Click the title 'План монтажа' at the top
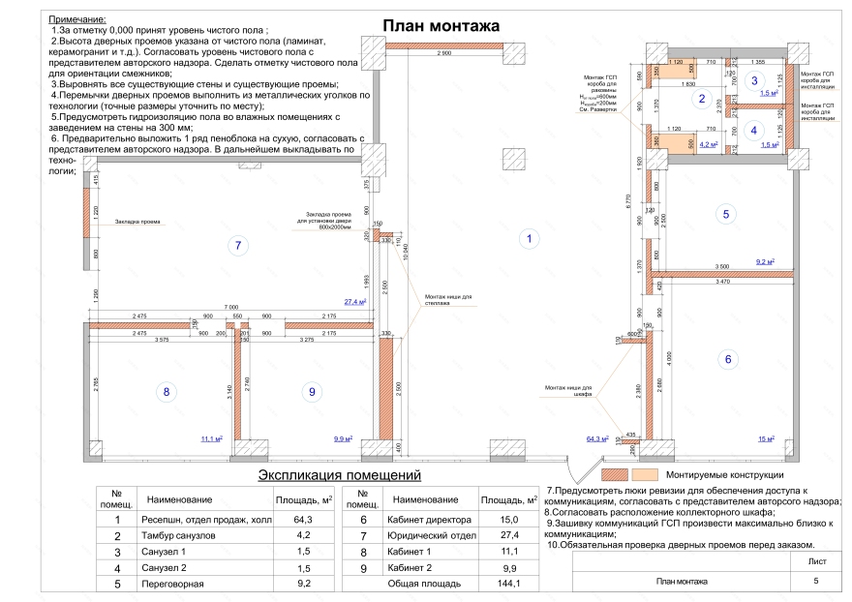[441, 25]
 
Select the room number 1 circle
[529, 237]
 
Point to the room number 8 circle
[167, 392]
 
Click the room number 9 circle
[311, 392]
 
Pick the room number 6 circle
[729, 360]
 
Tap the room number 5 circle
[725, 215]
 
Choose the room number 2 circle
[704, 98]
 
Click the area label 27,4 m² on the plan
[355, 302]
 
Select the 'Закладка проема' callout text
[136, 222]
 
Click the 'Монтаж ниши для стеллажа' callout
[445, 300]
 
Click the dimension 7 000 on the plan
[228, 305]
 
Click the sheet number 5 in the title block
[815, 581]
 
